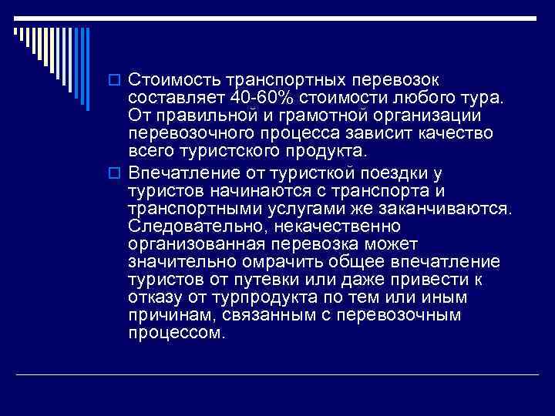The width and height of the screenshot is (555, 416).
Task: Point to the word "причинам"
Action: tap(164, 315)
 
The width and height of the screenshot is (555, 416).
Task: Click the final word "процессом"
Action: tap(176, 334)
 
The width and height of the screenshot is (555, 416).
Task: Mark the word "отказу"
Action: tap(153, 297)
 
